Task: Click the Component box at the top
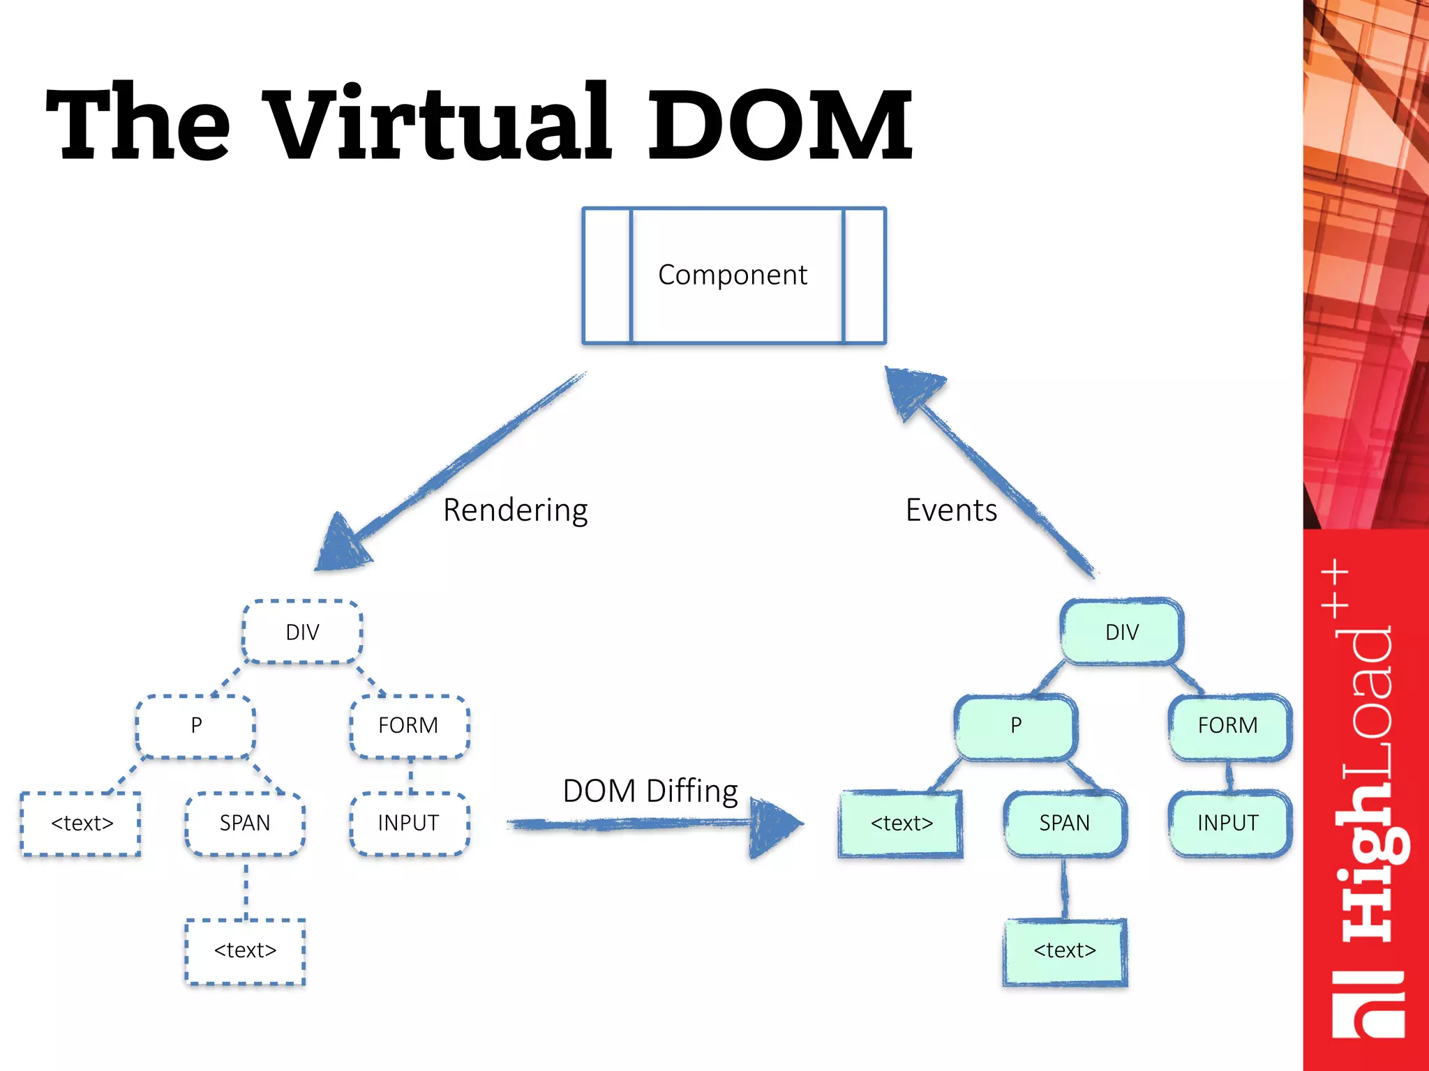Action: [x=733, y=275]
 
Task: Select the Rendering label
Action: [x=516, y=510]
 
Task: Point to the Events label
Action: [x=951, y=510]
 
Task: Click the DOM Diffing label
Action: [x=650, y=791]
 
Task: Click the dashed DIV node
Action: [x=302, y=632]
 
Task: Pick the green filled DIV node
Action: [x=1122, y=632]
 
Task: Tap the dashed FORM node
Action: [x=409, y=725]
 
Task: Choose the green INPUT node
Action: [x=1228, y=823]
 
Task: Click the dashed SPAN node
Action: [x=245, y=823]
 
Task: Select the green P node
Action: [x=1016, y=725]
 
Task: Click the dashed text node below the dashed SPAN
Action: [x=245, y=950]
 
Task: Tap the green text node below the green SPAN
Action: [x=1065, y=950]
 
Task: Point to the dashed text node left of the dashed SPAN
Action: [x=82, y=823]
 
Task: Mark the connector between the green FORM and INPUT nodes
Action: [x=1229, y=775]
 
